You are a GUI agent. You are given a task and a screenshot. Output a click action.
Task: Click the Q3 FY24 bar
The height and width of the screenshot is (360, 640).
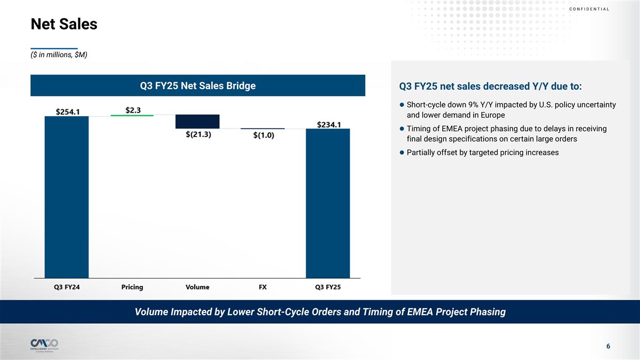click(66, 197)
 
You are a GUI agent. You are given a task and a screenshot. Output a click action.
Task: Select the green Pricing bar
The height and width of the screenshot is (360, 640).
click(132, 115)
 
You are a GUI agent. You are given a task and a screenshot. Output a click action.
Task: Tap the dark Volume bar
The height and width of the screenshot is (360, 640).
click(197, 121)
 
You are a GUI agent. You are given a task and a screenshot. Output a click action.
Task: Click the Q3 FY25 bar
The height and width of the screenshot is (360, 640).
click(327, 203)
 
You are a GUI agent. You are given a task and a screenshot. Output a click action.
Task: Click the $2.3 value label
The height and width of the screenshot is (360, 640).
click(133, 110)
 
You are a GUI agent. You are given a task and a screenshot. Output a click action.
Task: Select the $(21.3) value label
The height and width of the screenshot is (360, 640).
click(198, 134)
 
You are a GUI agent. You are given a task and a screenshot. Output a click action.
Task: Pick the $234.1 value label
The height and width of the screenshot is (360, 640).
click(329, 124)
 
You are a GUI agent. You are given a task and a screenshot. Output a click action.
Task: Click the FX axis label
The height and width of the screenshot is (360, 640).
click(262, 287)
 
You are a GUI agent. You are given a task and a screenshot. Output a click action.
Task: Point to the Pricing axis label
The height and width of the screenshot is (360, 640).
click(132, 287)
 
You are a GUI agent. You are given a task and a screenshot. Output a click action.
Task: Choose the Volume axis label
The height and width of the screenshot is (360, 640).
click(197, 287)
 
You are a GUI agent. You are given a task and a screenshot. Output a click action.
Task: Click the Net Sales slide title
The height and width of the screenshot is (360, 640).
click(64, 24)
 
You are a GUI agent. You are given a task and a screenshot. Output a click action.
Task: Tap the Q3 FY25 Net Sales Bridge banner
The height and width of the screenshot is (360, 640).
click(197, 85)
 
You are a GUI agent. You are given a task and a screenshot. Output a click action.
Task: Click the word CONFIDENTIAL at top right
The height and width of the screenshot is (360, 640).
click(589, 9)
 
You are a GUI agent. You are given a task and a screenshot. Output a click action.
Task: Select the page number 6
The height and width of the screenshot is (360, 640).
click(608, 347)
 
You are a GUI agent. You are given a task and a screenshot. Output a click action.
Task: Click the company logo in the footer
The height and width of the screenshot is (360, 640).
click(44, 344)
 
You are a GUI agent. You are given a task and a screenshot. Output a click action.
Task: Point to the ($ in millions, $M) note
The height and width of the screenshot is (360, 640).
click(59, 55)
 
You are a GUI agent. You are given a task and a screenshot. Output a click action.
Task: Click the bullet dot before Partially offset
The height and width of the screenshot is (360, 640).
click(401, 153)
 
